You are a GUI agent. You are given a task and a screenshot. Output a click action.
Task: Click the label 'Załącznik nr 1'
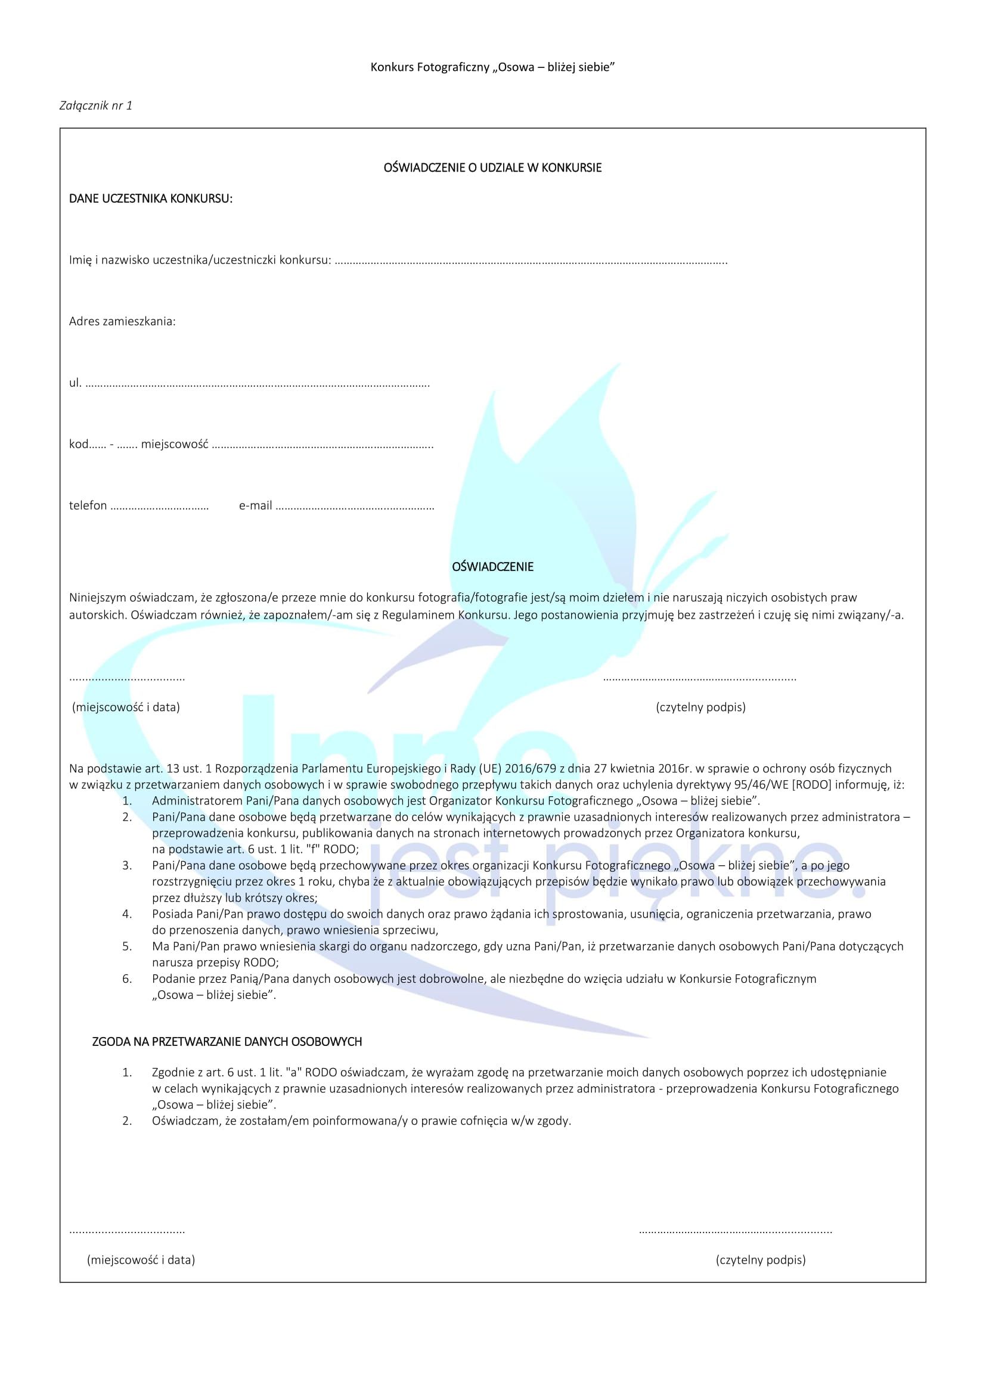click(x=96, y=105)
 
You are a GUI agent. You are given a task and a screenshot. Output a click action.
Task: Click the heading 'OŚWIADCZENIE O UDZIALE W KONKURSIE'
click(x=492, y=167)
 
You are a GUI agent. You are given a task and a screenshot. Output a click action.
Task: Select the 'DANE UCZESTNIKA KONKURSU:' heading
click(x=151, y=198)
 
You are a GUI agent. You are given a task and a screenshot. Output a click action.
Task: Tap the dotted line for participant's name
click(x=531, y=262)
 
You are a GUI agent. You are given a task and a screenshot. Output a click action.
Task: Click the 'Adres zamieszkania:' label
click(x=122, y=321)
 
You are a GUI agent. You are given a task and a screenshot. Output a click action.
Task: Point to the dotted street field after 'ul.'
click(x=258, y=384)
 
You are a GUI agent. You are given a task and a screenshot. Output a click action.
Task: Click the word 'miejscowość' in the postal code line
click(x=175, y=445)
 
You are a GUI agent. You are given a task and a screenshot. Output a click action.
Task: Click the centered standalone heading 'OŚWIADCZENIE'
click(x=492, y=566)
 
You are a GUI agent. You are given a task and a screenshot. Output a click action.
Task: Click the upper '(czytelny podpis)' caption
click(x=700, y=707)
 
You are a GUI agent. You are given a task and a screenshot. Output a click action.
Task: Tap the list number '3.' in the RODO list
click(x=127, y=866)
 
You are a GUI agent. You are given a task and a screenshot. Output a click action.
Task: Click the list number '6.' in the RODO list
click(x=127, y=979)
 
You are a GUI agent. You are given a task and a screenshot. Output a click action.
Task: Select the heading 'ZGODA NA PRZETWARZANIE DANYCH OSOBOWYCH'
click(x=227, y=1042)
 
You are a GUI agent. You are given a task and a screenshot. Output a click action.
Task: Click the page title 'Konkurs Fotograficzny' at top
click(x=430, y=67)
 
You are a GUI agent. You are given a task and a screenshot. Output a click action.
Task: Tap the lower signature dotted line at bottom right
click(x=735, y=1231)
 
